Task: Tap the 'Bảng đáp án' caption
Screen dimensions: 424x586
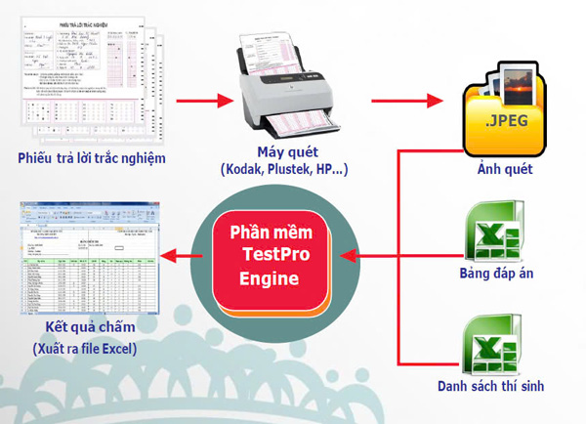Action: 498,275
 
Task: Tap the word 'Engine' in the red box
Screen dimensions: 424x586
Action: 270,278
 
